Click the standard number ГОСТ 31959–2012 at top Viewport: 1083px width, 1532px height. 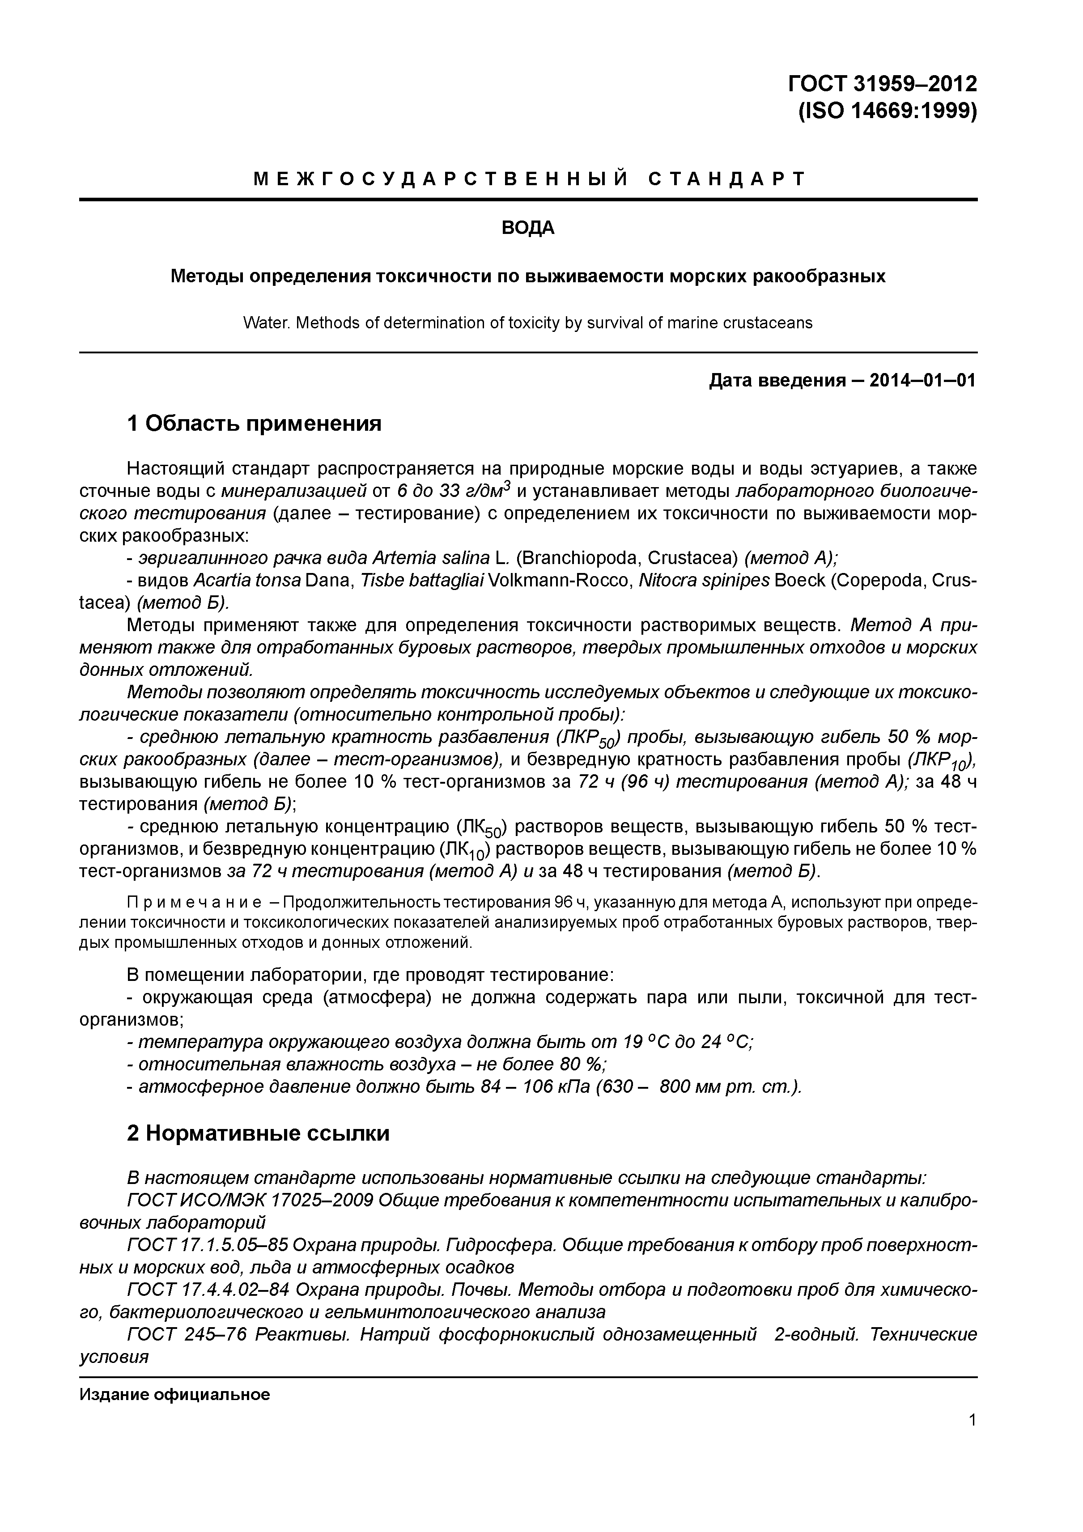(882, 83)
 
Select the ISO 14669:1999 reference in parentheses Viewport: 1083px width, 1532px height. (888, 111)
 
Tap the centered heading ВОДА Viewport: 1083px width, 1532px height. (528, 228)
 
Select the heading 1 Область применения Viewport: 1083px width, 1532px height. (254, 423)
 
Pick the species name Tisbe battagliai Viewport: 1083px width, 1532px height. (422, 581)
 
